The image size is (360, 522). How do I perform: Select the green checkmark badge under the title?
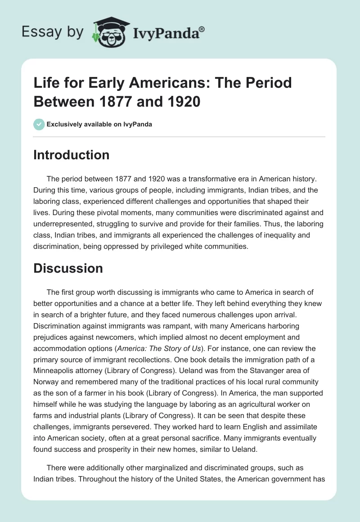[39, 124]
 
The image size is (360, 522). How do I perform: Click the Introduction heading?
[72, 155]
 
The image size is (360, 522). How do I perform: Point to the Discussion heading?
[68, 268]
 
